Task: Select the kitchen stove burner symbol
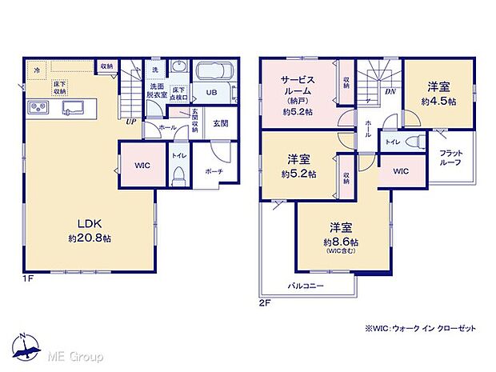tap(38, 107)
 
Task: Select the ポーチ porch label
tap(213, 170)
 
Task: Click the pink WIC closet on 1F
tap(141, 165)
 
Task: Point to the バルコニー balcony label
tap(306, 285)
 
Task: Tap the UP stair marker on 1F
tap(130, 122)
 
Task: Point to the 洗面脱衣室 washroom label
tap(156, 90)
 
